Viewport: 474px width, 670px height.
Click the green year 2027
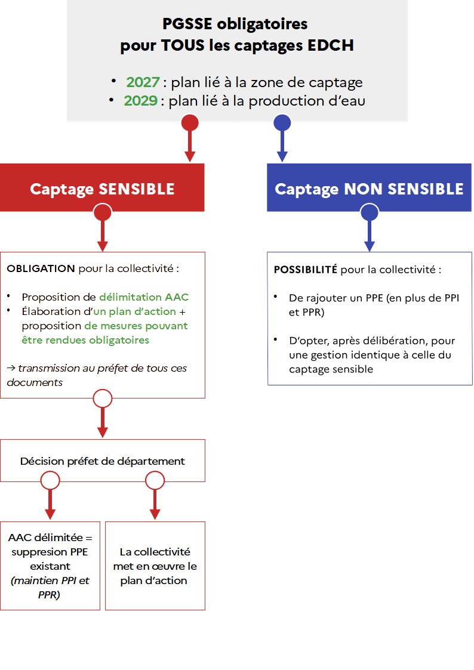click(x=143, y=82)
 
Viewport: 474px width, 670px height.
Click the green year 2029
click(x=141, y=100)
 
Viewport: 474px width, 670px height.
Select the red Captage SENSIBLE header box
click(x=102, y=187)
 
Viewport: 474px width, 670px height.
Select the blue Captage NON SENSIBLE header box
click(x=370, y=187)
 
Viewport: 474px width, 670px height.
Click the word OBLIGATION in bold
click(x=41, y=268)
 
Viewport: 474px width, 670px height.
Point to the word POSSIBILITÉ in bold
click(x=306, y=270)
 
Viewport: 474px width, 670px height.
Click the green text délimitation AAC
click(x=144, y=297)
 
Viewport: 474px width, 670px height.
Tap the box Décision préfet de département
click(x=103, y=461)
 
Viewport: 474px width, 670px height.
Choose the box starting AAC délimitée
click(x=50, y=566)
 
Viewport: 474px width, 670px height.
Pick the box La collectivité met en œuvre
click(x=155, y=566)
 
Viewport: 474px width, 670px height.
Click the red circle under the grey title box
click(x=190, y=123)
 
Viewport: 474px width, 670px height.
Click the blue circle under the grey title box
click(x=282, y=123)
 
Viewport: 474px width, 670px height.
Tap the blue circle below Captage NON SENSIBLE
click(x=370, y=212)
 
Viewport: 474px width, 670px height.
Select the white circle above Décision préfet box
click(x=103, y=399)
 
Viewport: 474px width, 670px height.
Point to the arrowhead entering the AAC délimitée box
click(x=50, y=514)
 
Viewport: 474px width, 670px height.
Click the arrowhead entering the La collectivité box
click(x=155, y=514)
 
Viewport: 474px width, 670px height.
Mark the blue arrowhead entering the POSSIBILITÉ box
click(x=370, y=246)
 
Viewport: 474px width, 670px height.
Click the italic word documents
click(x=35, y=382)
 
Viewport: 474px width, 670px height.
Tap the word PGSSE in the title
click(x=187, y=24)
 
